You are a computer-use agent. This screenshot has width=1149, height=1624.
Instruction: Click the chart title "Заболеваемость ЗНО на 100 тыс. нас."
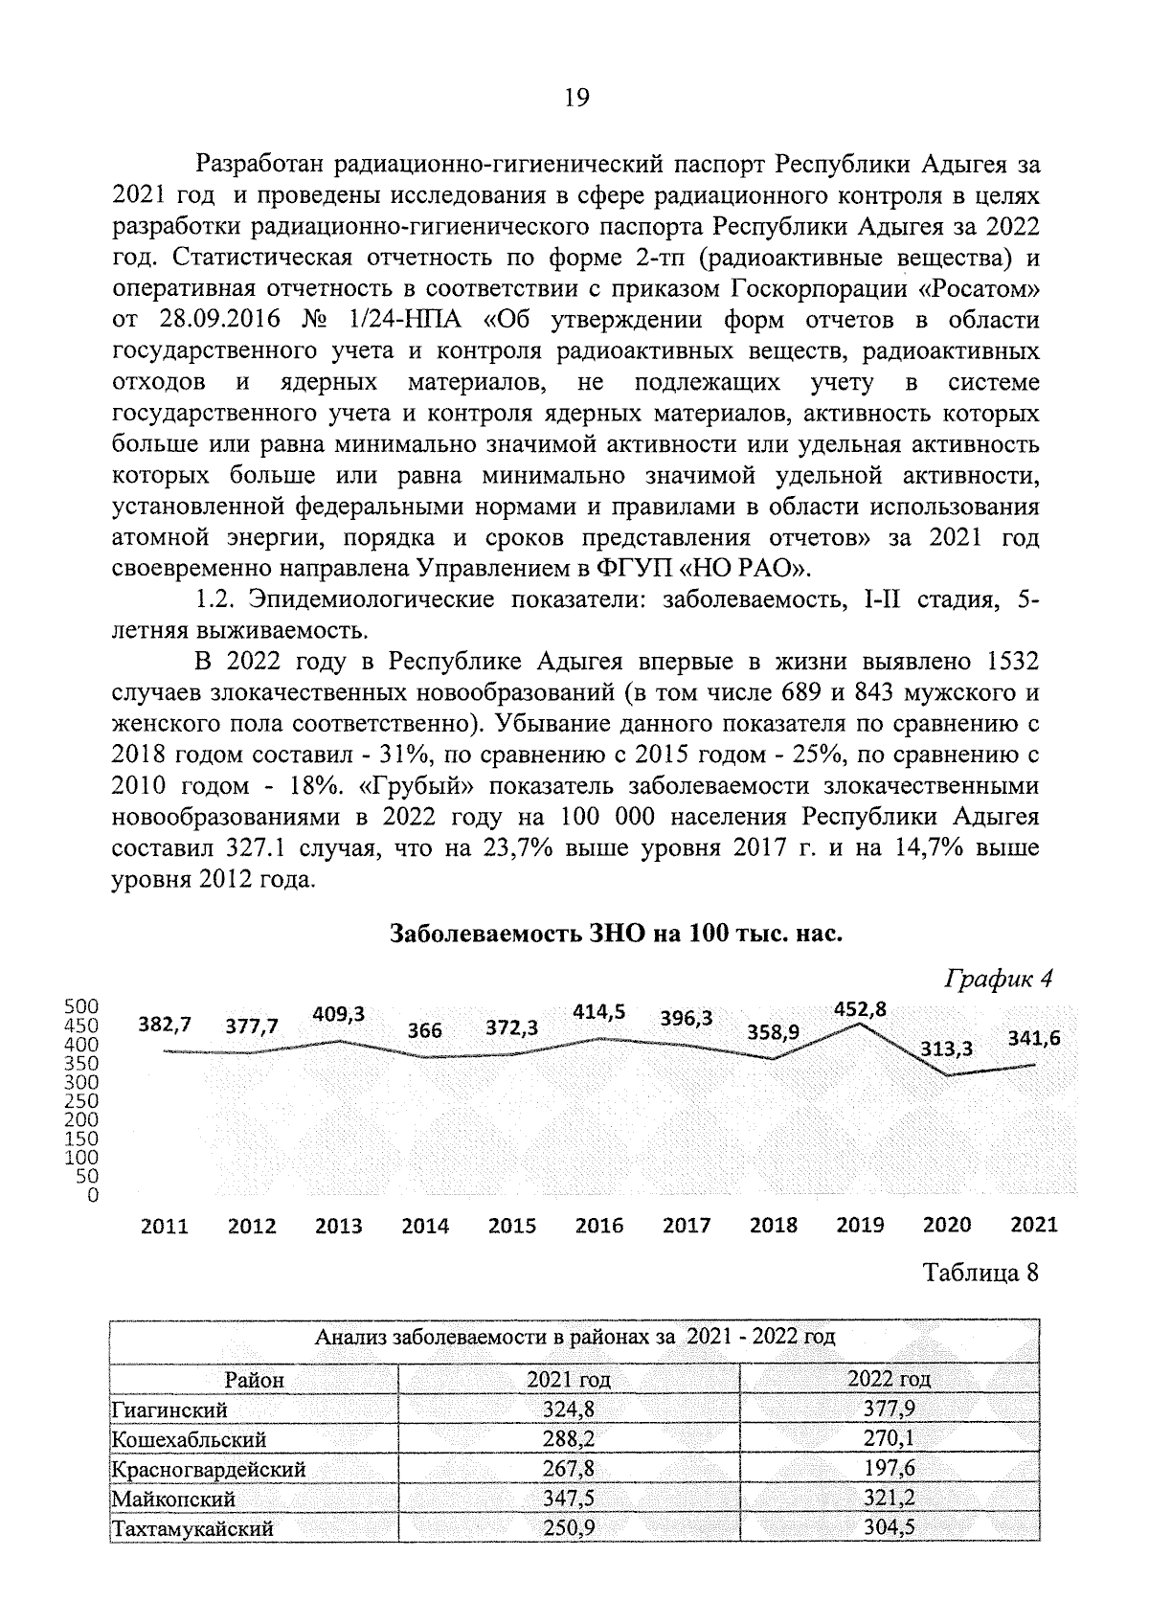click(616, 934)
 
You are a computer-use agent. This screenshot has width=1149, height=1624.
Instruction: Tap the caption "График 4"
click(999, 979)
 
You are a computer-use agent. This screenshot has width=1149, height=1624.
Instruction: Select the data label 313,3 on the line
click(946, 1049)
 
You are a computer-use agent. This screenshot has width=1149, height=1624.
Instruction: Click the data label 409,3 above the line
click(339, 1013)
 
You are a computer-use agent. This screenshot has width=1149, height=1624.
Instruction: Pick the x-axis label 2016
click(598, 1226)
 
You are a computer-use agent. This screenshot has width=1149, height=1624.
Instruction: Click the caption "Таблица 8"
click(980, 1274)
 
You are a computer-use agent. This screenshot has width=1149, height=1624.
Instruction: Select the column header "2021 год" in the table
click(569, 1380)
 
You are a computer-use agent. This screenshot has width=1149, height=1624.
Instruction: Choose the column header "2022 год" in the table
click(889, 1379)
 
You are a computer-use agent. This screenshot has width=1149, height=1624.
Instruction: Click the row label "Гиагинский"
click(169, 1410)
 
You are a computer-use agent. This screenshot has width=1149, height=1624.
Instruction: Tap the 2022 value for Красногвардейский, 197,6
click(889, 1469)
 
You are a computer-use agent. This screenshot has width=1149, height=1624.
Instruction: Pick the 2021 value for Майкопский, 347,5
click(569, 1499)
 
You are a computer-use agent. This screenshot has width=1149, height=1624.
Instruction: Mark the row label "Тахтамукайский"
click(192, 1528)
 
